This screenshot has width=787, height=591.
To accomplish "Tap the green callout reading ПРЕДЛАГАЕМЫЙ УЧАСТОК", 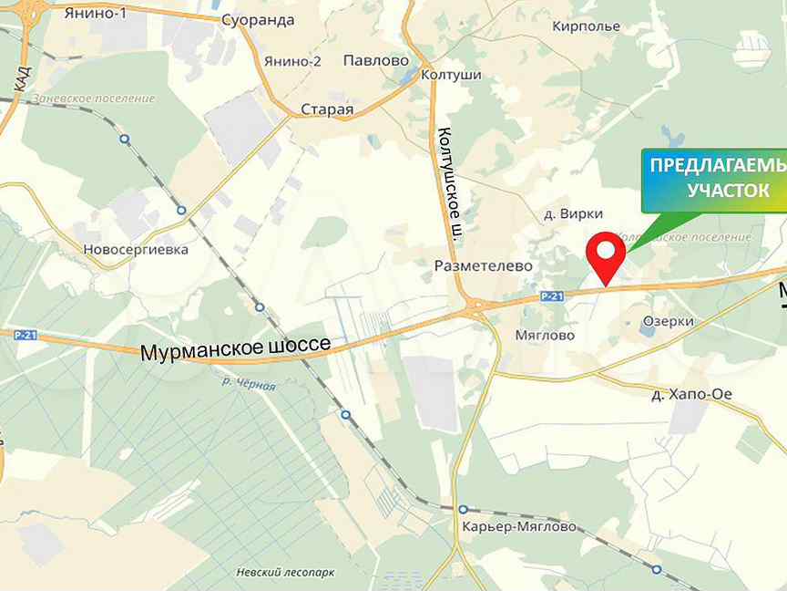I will pyautogui.click(x=714, y=179).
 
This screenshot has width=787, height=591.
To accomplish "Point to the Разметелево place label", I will pyautogui.click(x=483, y=265).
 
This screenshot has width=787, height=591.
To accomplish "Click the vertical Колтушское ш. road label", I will pyautogui.click(x=450, y=182).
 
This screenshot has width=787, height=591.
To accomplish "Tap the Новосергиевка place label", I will pyautogui.click(x=135, y=249).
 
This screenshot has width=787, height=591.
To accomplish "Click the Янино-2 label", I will pyautogui.click(x=292, y=62).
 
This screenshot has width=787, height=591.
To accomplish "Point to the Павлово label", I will pyautogui.click(x=375, y=61).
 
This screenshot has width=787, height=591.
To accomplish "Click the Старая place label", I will pyautogui.click(x=327, y=110).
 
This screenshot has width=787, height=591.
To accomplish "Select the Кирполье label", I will pyautogui.click(x=586, y=26).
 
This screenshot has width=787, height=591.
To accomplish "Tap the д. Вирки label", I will pyautogui.click(x=573, y=213).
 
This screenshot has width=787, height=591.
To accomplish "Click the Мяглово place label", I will pyautogui.click(x=545, y=335).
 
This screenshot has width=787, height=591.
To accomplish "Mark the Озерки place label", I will pyautogui.click(x=668, y=321).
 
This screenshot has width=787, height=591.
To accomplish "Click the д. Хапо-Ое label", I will pyautogui.click(x=692, y=394).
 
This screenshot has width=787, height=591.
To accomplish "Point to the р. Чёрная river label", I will pyautogui.click(x=249, y=385).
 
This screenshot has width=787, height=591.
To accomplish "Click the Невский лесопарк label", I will pyautogui.click(x=285, y=572).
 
